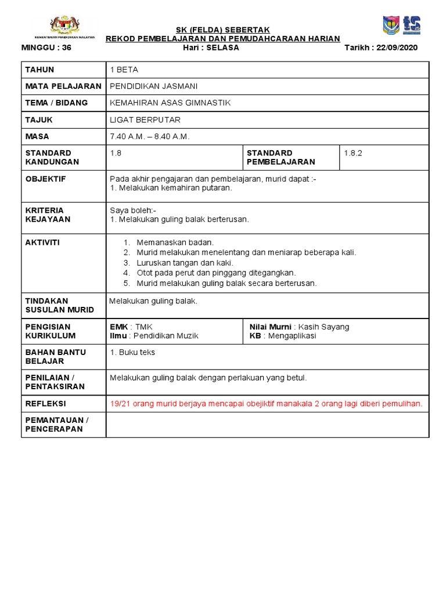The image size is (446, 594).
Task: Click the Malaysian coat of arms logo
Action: tap(64, 26)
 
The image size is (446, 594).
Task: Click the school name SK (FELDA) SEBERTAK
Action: tap(222, 30)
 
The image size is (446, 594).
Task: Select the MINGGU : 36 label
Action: tap(46, 48)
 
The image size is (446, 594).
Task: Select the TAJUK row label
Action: tap(39, 119)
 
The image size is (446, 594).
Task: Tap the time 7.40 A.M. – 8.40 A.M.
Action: tap(150, 136)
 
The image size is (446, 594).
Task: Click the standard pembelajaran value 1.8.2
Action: tap(353, 153)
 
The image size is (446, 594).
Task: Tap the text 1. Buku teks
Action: tap(132, 352)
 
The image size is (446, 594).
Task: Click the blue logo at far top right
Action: tap(412, 25)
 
